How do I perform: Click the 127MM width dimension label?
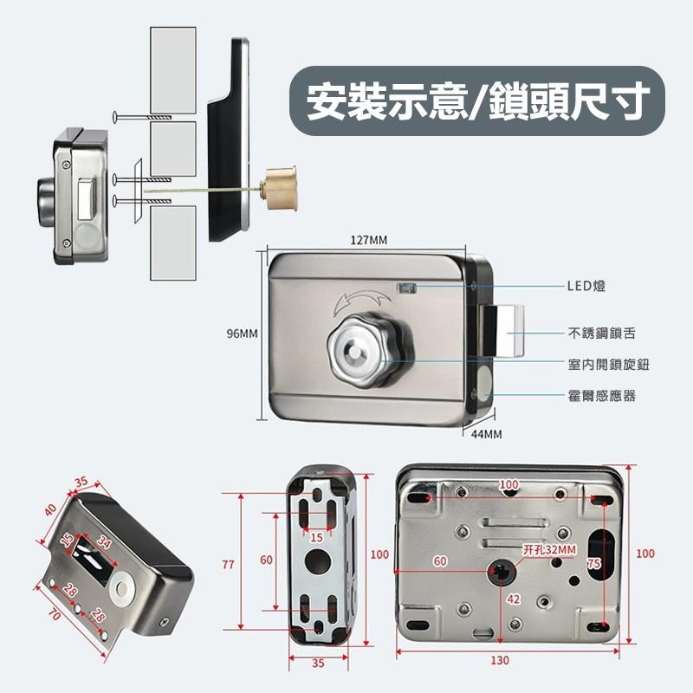tap(369, 240)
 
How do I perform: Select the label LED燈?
tap(586, 283)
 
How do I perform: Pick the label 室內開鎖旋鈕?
tap(608, 365)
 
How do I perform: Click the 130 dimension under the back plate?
tap(499, 660)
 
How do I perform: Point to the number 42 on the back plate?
tap(513, 599)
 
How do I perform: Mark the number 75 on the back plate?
tap(593, 563)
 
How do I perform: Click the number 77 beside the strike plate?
tap(228, 564)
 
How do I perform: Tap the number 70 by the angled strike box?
tap(54, 616)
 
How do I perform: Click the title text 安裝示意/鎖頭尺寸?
tap(476, 102)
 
